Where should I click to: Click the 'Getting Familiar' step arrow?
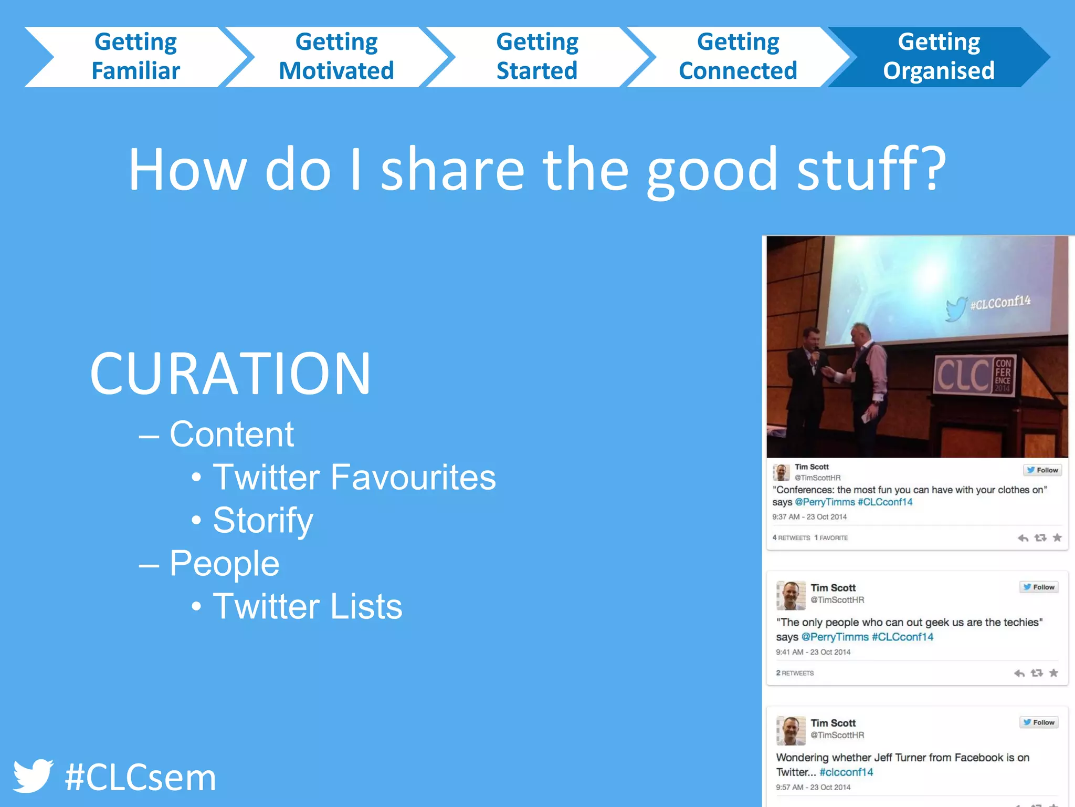coord(135,57)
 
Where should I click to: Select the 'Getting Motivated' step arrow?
coord(336,57)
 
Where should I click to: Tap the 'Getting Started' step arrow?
coord(537,57)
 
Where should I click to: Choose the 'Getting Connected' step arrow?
coord(737,57)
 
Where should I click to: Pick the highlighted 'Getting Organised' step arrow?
coord(939,57)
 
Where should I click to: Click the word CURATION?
coord(230,374)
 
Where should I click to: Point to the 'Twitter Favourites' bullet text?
coord(354,477)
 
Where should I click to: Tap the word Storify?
coord(263,520)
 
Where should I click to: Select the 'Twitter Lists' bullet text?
coord(308,606)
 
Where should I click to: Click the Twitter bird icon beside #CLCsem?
coord(33,775)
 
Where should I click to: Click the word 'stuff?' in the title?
coord(871,169)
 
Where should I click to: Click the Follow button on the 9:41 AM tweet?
coord(1039,587)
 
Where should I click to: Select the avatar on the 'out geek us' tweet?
coord(791,595)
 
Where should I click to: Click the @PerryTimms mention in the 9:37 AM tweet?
coord(825,502)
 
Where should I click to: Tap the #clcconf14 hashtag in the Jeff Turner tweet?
coord(846,772)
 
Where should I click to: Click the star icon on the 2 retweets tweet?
coord(1053,673)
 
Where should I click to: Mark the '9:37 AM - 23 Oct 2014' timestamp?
coord(809,517)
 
